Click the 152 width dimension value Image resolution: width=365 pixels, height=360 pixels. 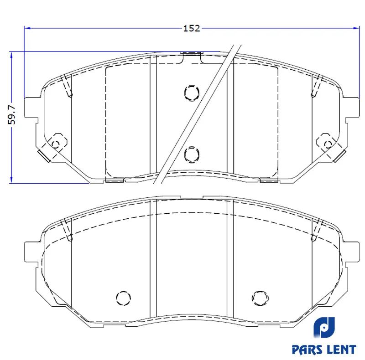click(x=192, y=28)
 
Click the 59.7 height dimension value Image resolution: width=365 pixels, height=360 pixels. click(x=12, y=115)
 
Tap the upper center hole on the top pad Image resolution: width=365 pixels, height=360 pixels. click(x=192, y=93)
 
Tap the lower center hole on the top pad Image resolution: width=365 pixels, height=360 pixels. click(x=192, y=154)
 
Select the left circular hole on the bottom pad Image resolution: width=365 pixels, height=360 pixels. click(x=124, y=298)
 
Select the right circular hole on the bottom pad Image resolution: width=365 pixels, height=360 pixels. click(x=260, y=298)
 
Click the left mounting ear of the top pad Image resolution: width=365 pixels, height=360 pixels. click(x=31, y=108)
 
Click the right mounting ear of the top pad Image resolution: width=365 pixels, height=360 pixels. click(x=352, y=108)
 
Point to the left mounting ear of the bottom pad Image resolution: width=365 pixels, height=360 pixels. click(x=31, y=252)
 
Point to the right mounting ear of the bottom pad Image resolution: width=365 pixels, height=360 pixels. click(x=352, y=252)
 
